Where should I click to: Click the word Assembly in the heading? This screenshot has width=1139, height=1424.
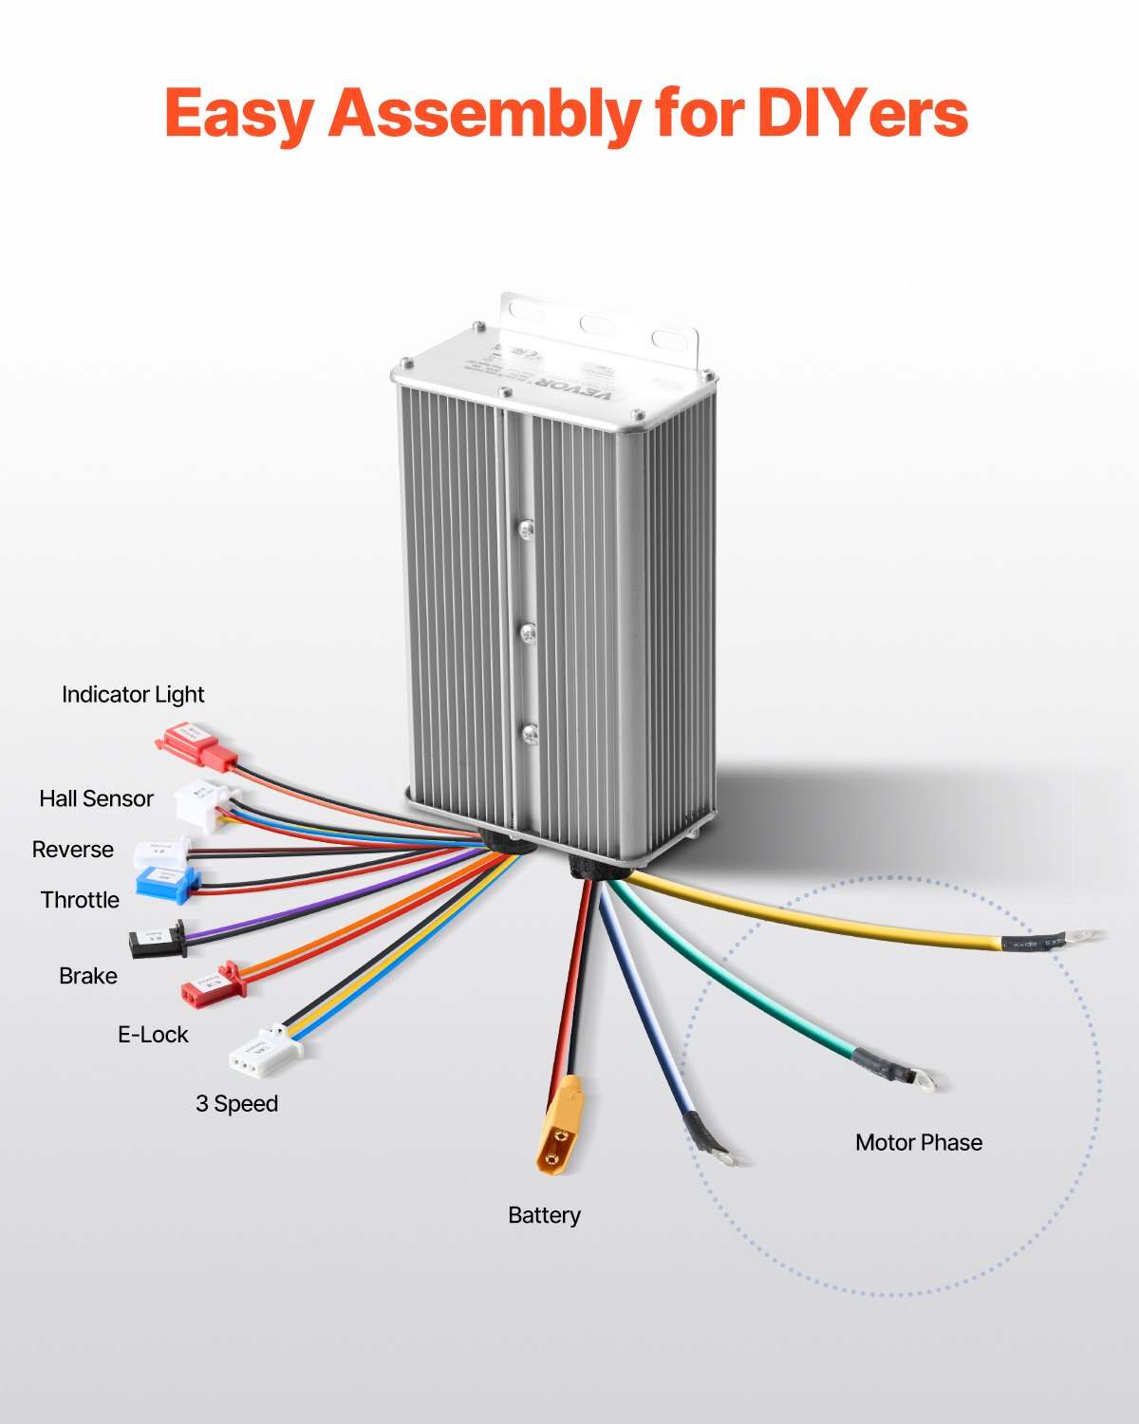click(x=485, y=114)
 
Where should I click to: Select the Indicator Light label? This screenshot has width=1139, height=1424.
click(x=133, y=695)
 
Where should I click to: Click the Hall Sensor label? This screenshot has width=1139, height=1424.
click(x=96, y=798)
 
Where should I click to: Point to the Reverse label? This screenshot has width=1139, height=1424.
click(x=72, y=850)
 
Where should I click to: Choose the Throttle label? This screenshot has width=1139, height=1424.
click(x=80, y=900)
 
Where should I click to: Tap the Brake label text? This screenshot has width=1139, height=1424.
click(x=88, y=976)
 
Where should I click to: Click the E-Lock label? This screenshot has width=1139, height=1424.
click(x=153, y=1035)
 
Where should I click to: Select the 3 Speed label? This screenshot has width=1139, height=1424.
click(x=236, y=1104)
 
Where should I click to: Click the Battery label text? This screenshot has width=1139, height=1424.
click(x=544, y=1215)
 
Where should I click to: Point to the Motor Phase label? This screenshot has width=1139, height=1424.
click(x=918, y=1142)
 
